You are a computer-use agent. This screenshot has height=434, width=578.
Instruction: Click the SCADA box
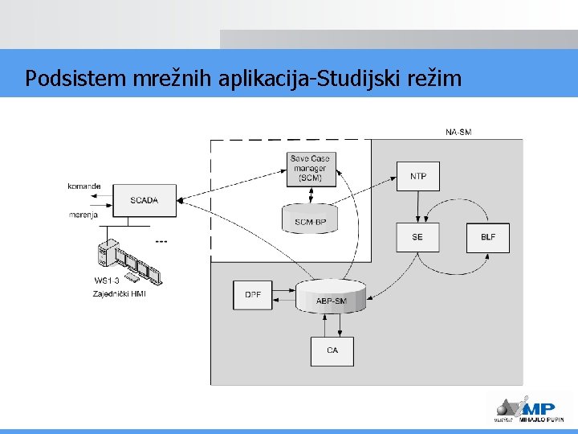(x=144, y=200)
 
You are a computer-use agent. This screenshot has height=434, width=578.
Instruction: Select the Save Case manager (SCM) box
(x=310, y=169)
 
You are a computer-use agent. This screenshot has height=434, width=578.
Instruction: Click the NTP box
(x=418, y=176)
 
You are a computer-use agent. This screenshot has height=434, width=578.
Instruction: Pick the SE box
(x=417, y=237)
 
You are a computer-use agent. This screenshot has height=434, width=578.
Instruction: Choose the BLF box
(x=488, y=237)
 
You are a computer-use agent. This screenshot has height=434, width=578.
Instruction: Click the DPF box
(x=253, y=295)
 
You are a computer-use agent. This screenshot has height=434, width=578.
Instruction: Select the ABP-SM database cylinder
(x=331, y=297)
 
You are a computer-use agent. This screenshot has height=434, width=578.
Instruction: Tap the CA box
(x=332, y=350)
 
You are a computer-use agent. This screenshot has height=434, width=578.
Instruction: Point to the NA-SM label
(x=458, y=132)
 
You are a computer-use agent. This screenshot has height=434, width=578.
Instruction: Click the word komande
(x=84, y=186)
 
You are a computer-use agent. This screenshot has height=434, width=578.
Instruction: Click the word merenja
(x=83, y=215)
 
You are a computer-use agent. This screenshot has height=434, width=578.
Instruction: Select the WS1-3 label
(x=107, y=280)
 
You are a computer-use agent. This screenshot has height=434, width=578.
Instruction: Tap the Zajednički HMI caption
(x=119, y=293)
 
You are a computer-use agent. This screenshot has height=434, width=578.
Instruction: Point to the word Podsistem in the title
(x=68, y=79)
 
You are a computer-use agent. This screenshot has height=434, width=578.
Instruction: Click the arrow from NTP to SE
(x=418, y=206)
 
